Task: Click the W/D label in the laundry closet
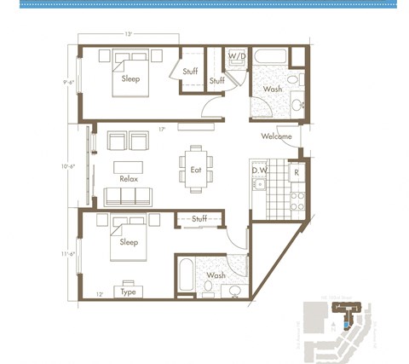(237, 57)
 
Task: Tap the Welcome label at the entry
(276, 136)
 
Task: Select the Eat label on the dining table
(196, 170)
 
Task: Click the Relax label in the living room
(129, 179)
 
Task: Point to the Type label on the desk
(129, 292)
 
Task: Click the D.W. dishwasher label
(260, 170)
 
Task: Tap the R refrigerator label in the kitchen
(296, 171)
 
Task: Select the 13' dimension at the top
(128, 35)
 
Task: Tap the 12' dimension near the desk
(99, 294)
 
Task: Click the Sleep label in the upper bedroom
(130, 78)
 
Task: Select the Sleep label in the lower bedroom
(129, 242)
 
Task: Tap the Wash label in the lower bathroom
(216, 275)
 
